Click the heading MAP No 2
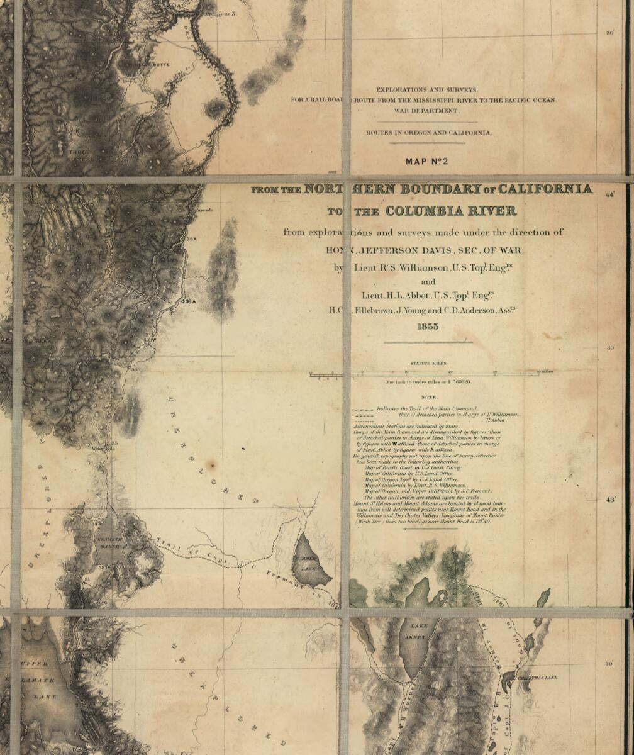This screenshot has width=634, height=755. [x=426, y=162]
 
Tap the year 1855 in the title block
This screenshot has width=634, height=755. [x=427, y=327]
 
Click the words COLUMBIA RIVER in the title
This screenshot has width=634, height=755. [x=450, y=211]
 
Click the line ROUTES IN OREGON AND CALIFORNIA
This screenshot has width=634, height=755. [x=429, y=133]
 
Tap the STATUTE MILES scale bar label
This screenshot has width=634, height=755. [x=429, y=364]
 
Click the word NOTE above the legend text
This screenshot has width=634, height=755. [x=429, y=397]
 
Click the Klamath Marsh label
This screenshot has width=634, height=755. [x=109, y=542]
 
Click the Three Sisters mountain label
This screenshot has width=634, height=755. [x=80, y=152]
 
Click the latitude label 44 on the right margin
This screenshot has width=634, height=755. [x=609, y=196]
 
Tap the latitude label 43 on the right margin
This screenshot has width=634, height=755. [x=610, y=500]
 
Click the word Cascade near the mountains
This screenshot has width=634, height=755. [x=204, y=210]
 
